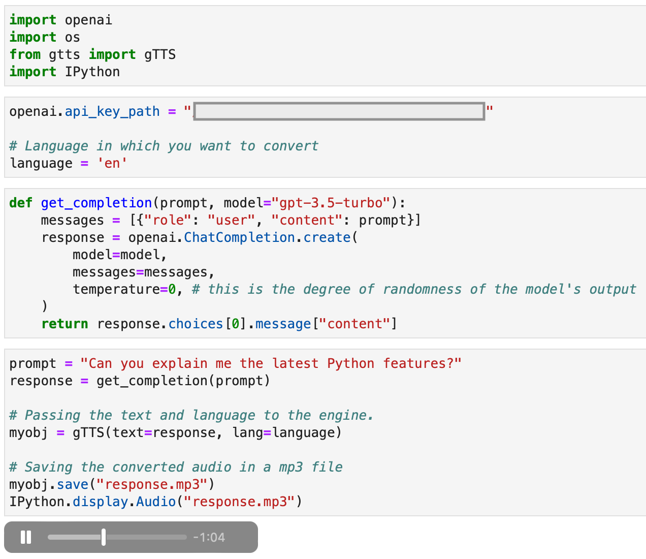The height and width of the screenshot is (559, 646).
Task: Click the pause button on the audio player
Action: click(x=26, y=537)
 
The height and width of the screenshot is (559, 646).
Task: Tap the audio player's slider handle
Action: click(x=104, y=537)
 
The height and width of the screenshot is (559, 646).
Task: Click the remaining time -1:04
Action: click(x=209, y=538)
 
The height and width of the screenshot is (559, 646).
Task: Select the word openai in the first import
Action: click(x=88, y=20)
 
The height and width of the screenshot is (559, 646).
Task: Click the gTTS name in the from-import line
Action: click(x=160, y=54)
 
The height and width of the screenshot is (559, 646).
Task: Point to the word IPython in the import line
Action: click(x=92, y=72)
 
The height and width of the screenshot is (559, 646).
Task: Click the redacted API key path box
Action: click(x=339, y=111)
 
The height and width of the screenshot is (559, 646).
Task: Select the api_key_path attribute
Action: click(x=112, y=112)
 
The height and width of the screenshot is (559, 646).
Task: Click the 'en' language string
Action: click(x=112, y=163)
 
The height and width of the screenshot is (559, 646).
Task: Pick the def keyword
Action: click(x=21, y=203)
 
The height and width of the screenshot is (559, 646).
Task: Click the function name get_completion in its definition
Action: click(x=96, y=203)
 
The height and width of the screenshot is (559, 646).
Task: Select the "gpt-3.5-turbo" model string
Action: click(x=331, y=203)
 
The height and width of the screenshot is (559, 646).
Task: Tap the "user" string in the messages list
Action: click(x=231, y=220)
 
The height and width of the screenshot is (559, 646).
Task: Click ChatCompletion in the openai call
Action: click(x=239, y=237)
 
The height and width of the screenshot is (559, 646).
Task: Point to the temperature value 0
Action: click(x=172, y=289)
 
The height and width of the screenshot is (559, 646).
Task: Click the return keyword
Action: click(x=64, y=324)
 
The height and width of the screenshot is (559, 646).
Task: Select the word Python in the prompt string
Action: click(x=350, y=364)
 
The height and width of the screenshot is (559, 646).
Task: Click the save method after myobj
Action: click(x=73, y=484)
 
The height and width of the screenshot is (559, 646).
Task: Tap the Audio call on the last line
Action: click(x=156, y=502)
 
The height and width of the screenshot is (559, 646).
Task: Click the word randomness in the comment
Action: click(x=422, y=289)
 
